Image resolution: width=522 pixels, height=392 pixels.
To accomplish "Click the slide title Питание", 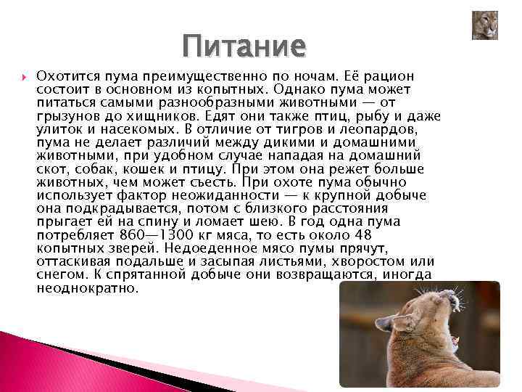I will [x=244, y=46].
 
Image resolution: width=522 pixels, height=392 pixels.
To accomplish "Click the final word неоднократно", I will [x=86, y=288].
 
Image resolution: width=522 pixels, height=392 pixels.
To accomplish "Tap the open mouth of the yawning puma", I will [x=455, y=338].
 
